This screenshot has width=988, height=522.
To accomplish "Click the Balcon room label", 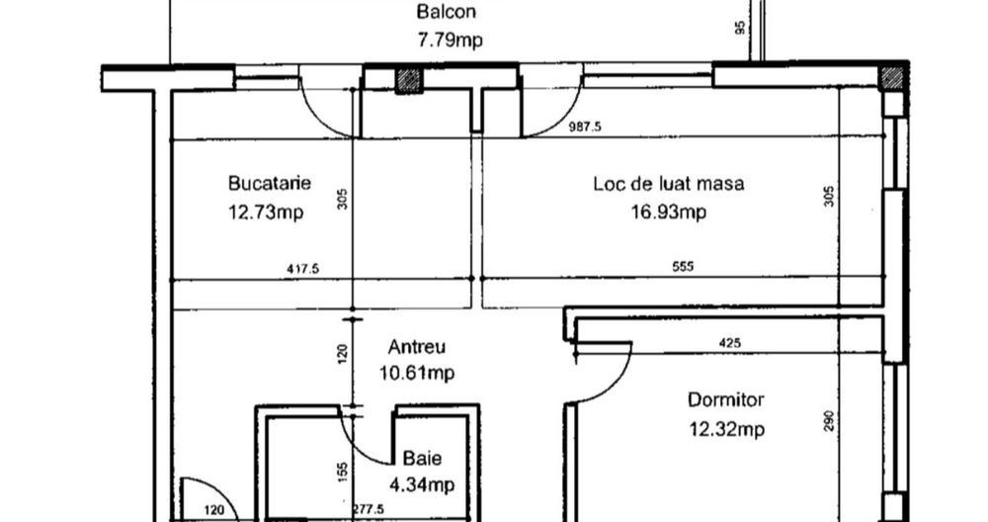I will coord(446,13).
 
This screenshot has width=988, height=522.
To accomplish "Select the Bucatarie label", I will coord(270,183).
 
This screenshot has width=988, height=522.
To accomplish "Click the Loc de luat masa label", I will coord(668,183).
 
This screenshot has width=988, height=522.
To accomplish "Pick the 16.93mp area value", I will coord(669,212).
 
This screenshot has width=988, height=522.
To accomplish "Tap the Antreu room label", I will coord(417,347).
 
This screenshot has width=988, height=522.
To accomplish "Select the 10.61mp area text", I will coord(418,373).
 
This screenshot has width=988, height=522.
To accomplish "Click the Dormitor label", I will coord(726,400).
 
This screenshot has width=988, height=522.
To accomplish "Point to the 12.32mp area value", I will coord(726,429).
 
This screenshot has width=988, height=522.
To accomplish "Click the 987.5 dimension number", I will coord(586,127).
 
